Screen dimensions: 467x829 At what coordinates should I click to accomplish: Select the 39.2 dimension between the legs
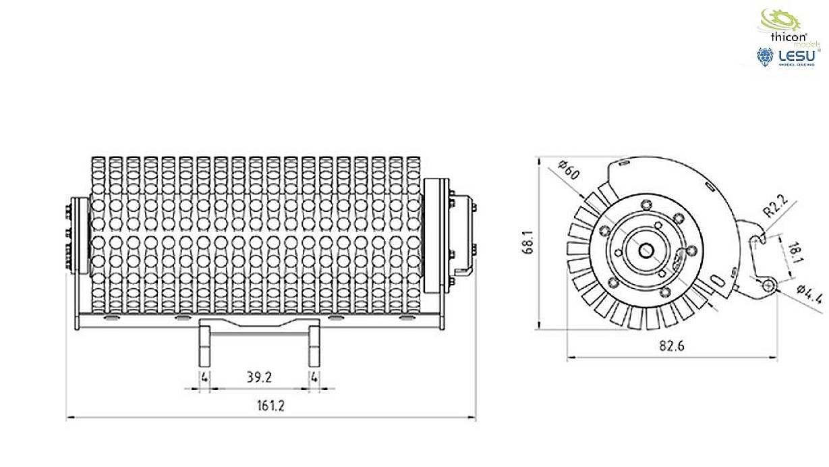point(260,378)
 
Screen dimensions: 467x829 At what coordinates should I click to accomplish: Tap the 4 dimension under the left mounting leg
point(204,377)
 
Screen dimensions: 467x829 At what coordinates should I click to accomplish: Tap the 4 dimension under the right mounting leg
point(314,377)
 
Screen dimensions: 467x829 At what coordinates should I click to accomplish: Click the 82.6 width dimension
point(671,346)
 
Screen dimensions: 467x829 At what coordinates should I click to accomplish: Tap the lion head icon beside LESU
point(764,58)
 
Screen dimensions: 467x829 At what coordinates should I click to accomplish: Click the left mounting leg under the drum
point(204,345)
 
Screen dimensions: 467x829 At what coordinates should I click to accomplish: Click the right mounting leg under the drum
point(314,345)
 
